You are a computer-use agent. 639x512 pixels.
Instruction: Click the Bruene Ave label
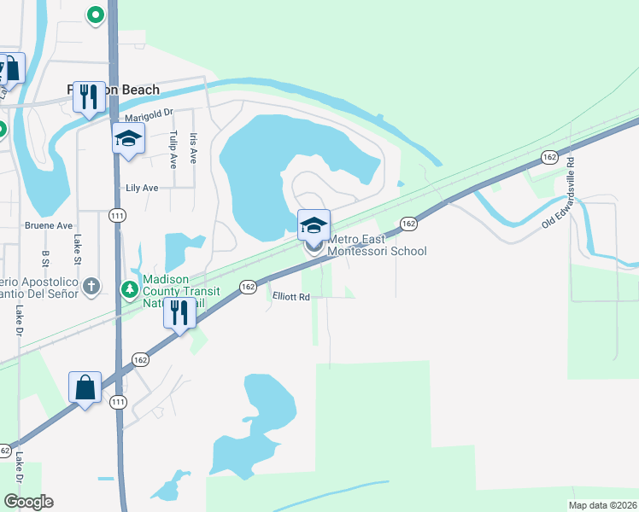[49, 226]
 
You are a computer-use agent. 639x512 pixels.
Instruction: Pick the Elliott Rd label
[290, 297]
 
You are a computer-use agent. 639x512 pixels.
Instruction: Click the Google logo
[28, 502]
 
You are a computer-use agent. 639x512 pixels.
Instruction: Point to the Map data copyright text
[603, 505]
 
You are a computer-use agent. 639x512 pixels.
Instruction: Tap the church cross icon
[92, 287]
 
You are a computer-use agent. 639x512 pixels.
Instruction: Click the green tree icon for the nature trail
[130, 290]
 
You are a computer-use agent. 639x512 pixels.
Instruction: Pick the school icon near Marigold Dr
[128, 138]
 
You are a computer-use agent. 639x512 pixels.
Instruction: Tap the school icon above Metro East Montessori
[314, 225]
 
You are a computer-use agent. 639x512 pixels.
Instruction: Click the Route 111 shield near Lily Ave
[117, 217]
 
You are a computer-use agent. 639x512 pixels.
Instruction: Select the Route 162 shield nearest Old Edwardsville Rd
[549, 157]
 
